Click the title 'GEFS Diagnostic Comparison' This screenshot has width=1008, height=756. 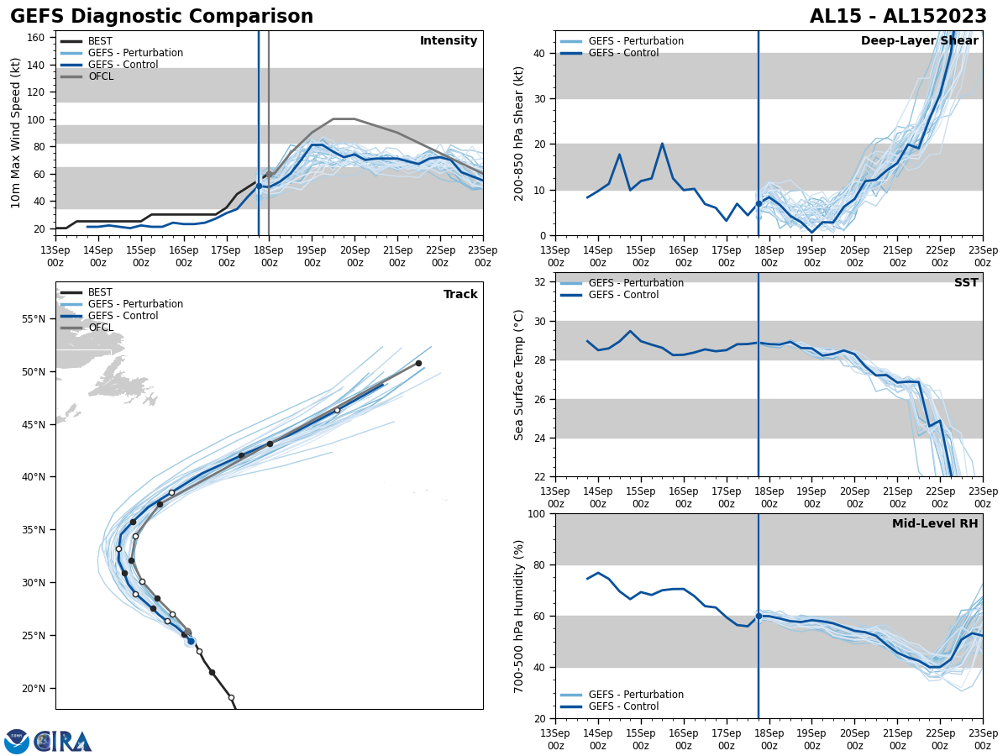point(161,17)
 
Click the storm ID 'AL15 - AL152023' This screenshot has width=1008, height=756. point(898,17)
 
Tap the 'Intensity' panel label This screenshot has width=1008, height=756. point(449,41)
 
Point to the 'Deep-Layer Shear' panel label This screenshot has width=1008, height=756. point(919,41)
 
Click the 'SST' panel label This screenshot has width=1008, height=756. point(966,283)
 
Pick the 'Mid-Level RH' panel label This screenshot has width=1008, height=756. point(935,524)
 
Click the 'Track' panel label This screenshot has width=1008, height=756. point(460,295)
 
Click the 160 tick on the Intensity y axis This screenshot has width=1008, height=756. point(37,38)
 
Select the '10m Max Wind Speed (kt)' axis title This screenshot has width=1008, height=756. point(17,133)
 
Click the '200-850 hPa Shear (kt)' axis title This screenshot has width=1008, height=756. point(520,133)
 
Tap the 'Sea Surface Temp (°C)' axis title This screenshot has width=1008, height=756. point(519,375)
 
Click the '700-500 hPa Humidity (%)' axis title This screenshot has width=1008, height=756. point(520,616)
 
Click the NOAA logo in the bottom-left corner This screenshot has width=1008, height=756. point(17,741)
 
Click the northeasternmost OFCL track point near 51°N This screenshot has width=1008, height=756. point(418,363)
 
